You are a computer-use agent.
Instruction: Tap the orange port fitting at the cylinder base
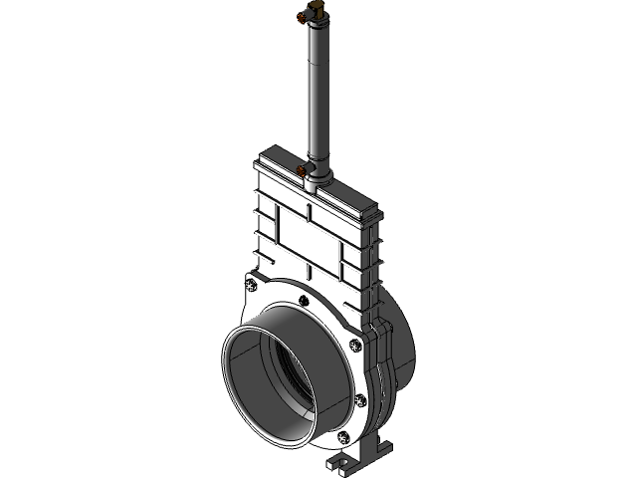[x=302, y=170]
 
